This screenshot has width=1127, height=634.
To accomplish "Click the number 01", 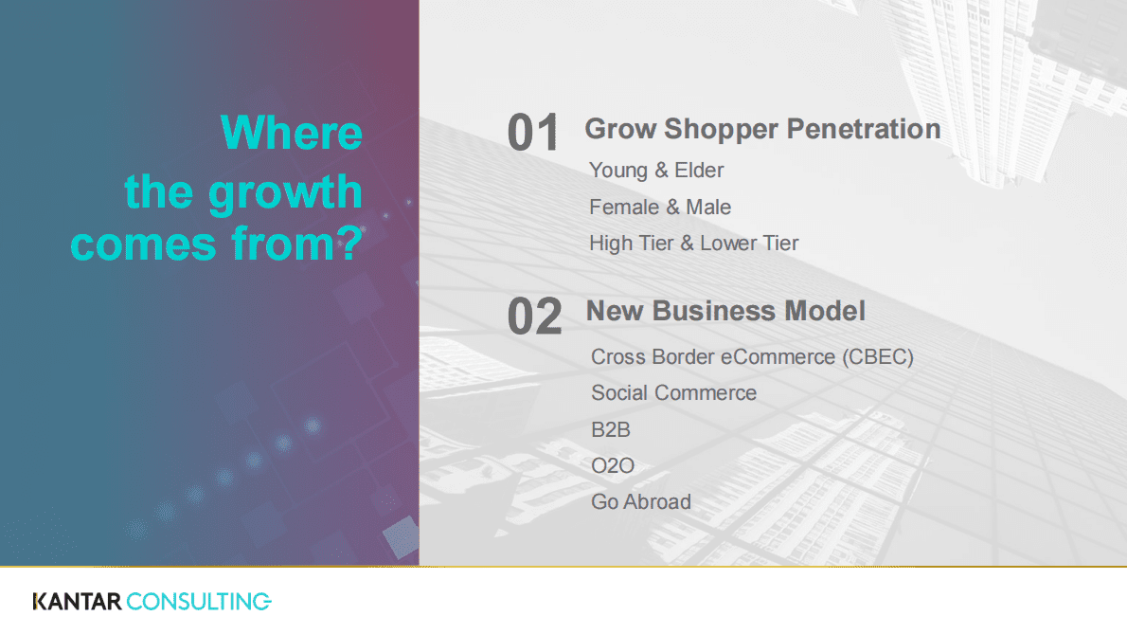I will pos(534,134).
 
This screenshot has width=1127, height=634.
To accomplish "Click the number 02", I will pos(534,317).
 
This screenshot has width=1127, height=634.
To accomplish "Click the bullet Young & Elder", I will pos(656,171).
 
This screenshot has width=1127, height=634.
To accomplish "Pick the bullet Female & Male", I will pos(660,207).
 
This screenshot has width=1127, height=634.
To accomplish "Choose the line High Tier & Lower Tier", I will pos(693,244).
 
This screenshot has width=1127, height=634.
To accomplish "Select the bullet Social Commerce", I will pos(673,393).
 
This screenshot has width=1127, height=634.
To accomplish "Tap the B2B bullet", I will pos(611,429).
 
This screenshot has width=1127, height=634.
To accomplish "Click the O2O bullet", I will pos(613,465).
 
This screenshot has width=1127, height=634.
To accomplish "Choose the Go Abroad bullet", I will pos(641,501).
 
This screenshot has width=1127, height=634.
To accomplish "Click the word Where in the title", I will pos(292,133).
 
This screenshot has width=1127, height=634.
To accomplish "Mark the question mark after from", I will pos(350,244).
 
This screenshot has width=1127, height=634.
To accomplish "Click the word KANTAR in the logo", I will pos(77,601).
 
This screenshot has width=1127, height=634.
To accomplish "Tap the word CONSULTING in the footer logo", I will pos(199,601).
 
